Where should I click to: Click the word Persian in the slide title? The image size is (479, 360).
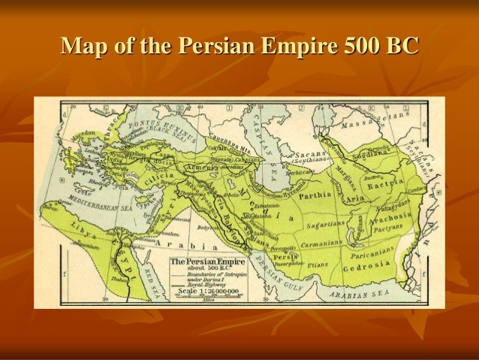[217, 47]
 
